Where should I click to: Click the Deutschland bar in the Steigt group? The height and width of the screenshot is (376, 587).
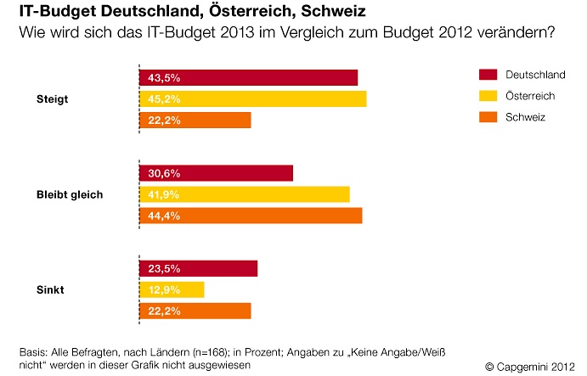tap(248, 77)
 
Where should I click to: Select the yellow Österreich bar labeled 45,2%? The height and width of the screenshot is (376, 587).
tap(252, 98)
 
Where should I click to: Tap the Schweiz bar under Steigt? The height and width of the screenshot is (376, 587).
tap(195, 120)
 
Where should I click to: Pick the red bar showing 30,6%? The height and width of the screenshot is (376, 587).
tap(216, 173)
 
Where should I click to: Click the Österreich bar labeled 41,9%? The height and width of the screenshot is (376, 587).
tap(244, 194)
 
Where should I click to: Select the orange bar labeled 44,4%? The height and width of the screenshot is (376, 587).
tap(251, 216)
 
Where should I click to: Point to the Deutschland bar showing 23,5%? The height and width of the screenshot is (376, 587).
tap(198, 268)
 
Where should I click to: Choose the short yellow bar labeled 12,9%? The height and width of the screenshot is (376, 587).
tap(172, 289)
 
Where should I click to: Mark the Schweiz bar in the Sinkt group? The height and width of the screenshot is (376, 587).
tap(195, 311)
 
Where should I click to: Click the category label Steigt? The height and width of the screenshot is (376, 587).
tap(52, 99)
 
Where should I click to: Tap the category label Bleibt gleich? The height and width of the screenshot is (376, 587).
tap(70, 194)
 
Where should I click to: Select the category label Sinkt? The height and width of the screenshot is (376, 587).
tap(49, 290)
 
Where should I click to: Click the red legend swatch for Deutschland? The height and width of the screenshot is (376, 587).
tap(487, 75)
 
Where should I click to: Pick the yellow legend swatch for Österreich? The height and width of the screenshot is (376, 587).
tap(487, 96)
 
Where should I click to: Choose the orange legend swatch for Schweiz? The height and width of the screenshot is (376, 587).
tap(487, 117)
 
